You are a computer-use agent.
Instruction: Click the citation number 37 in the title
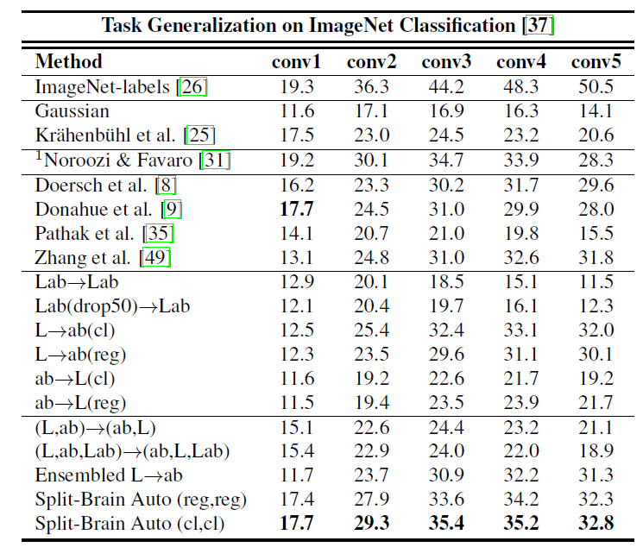coord(539,24)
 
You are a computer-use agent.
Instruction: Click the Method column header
coord(68,62)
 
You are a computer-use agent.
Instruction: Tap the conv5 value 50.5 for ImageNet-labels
coord(596,87)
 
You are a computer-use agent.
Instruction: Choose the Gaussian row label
coord(72,111)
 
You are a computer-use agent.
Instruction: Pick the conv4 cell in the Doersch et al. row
coord(521,185)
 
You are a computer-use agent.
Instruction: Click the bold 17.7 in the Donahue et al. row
coord(297,209)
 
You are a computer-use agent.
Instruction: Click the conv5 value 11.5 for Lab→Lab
coord(596,281)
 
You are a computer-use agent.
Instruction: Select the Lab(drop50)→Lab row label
coord(112,305)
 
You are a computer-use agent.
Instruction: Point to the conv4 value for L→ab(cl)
coord(521,330)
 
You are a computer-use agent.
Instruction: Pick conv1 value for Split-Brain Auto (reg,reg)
coord(297,499)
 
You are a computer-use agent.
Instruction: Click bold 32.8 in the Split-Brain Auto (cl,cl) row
coord(596,523)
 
